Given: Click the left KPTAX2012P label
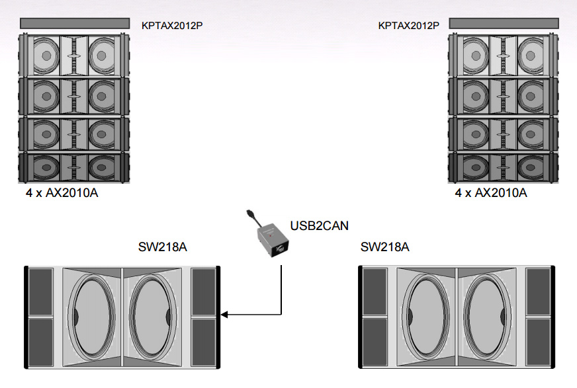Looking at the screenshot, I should [172, 26].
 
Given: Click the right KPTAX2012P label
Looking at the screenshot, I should [408, 26].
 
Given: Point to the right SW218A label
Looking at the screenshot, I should [385, 247].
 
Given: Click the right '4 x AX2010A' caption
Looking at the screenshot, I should [490, 193].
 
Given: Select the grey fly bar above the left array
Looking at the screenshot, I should [74, 23].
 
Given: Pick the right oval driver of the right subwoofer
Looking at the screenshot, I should [484, 316].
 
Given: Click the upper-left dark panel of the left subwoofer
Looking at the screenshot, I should [40, 291].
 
